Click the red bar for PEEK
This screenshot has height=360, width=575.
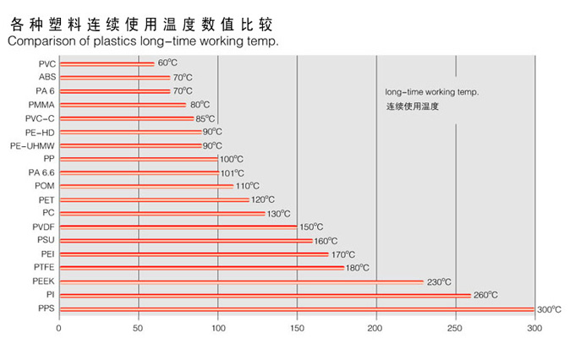(x=241, y=281)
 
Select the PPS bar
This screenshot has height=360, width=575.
(x=296, y=309)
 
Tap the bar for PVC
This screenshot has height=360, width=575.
(x=107, y=63)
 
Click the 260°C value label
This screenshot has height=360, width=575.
(x=485, y=295)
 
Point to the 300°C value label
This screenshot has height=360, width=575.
(x=550, y=310)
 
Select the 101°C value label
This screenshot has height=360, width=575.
(x=232, y=172)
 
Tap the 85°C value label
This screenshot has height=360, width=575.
(x=205, y=118)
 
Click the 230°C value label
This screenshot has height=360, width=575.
(x=438, y=281)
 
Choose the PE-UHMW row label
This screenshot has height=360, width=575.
(x=32, y=145)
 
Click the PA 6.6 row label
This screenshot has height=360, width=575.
(x=41, y=172)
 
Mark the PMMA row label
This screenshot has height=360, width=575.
(x=41, y=105)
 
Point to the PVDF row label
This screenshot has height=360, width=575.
(x=42, y=226)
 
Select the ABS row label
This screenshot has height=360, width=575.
(x=47, y=77)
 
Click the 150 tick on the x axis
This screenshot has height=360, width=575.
(x=297, y=327)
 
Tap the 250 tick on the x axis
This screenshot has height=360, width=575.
(x=456, y=327)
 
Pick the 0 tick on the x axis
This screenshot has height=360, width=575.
(x=59, y=327)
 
